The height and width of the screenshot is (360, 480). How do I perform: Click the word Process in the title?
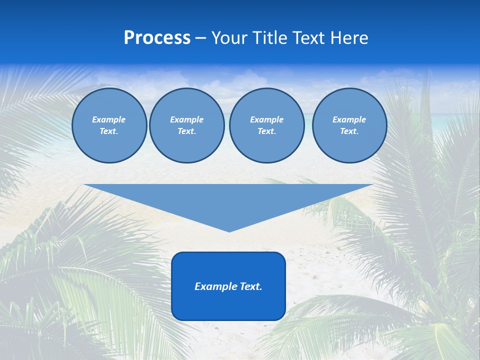[x=157, y=38]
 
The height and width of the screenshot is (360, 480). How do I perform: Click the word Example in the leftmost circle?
[x=109, y=119]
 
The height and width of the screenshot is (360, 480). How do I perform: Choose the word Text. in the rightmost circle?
[x=349, y=131]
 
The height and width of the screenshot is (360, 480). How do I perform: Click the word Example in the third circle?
[x=266, y=119]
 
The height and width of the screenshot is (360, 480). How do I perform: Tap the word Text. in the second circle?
[x=186, y=131]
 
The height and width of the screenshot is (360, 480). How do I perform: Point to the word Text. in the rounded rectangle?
[x=251, y=286]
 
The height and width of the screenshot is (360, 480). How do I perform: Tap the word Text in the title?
[x=309, y=38]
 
